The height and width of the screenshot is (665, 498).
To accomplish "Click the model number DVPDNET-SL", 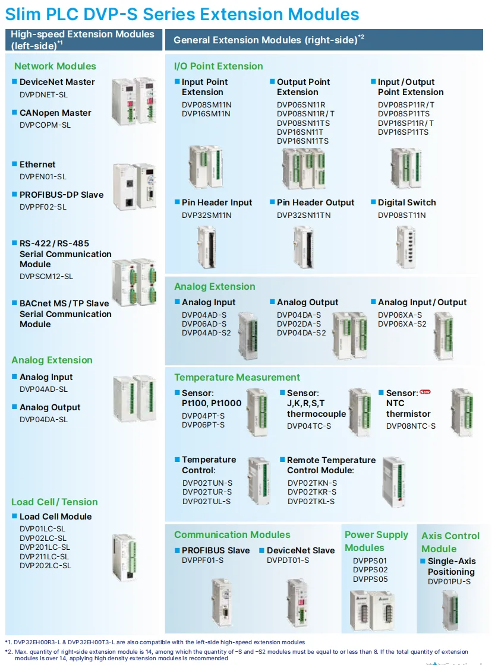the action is point(44,94).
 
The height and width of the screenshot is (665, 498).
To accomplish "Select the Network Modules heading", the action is point(55,66).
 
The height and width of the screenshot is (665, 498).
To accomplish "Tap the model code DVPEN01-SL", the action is point(43,176).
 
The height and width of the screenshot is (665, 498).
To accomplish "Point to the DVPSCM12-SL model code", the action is point(46,276).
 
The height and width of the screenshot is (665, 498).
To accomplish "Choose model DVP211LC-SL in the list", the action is point(44,556).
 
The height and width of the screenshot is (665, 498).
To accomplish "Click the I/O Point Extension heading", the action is point(218,66).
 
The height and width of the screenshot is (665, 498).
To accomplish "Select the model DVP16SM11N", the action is point(206,113).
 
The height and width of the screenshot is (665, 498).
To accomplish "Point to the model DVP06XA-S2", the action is point(402,324).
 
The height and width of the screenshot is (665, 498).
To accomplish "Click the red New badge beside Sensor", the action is point(424,392).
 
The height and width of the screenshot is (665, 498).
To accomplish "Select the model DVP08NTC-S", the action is point(411,426).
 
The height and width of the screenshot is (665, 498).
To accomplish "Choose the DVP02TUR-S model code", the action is point(207,492).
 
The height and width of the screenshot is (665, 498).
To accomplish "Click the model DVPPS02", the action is point(370,570).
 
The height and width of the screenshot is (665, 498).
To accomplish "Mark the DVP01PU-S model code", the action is point(449,581).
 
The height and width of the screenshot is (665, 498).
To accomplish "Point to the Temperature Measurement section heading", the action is point(237,377).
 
